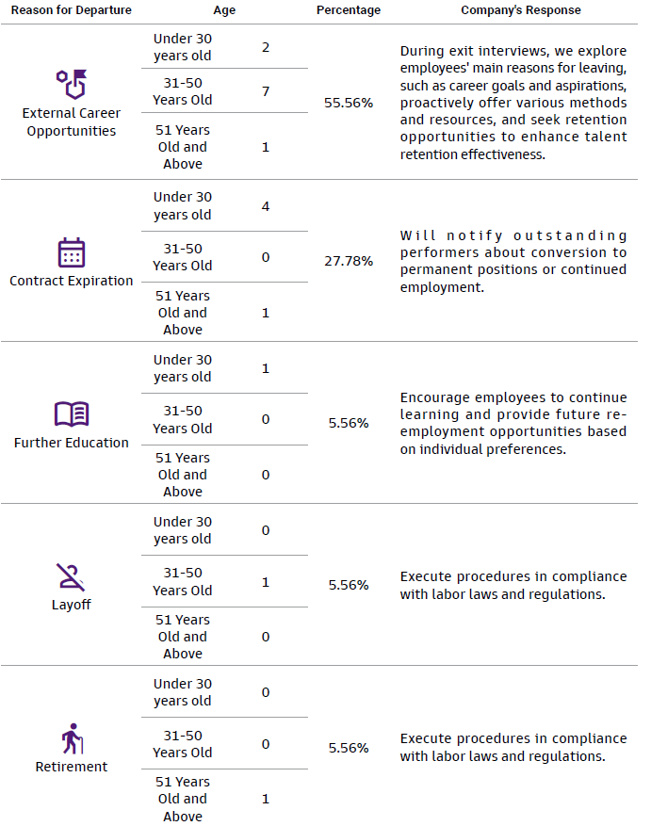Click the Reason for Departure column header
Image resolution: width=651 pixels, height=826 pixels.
(x=72, y=10)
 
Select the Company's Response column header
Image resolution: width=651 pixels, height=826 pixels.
(x=520, y=10)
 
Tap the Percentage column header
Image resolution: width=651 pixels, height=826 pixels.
(x=349, y=10)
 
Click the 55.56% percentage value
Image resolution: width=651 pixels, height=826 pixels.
(x=349, y=103)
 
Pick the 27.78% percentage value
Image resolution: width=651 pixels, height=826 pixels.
(x=349, y=260)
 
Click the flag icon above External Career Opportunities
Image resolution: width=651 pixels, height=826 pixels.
(x=72, y=85)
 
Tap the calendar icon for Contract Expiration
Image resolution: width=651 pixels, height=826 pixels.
(x=72, y=252)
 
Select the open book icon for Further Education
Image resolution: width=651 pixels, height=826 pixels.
(x=72, y=414)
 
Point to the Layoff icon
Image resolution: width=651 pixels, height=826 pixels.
(x=72, y=576)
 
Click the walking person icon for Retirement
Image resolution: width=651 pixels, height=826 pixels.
(x=72, y=739)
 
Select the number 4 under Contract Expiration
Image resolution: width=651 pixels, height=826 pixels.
(x=266, y=205)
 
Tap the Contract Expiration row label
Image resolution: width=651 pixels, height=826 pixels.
(x=72, y=281)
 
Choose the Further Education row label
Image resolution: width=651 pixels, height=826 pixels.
(x=72, y=443)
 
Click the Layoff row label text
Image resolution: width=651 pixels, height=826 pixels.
(x=72, y=605)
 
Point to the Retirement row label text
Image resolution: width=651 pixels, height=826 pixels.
(x=72, y=767)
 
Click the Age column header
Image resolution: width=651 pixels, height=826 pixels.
(x=224, y=10)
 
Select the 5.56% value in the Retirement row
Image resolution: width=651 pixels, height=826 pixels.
(x=349, y=748)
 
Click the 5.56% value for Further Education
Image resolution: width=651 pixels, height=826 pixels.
(x=349, y=423)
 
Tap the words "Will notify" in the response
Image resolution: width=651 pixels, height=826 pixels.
(x=443, y=235)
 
